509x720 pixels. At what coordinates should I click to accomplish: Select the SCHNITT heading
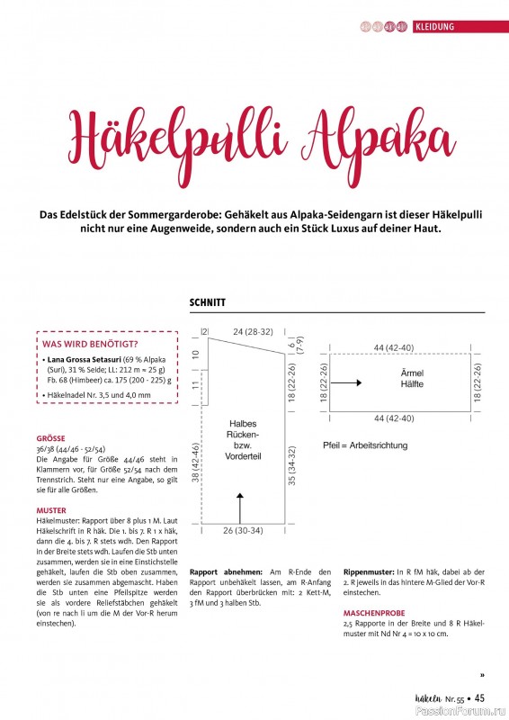pyautogui.click(x=208, y=303)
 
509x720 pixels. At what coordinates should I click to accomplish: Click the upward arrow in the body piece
pyautogui.click(x=240, y=504)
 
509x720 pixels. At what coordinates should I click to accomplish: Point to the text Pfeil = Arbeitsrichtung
pyautogui.click(x=365, y=445)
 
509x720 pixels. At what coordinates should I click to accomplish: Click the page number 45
pyautogui.click(x=479, y=697)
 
